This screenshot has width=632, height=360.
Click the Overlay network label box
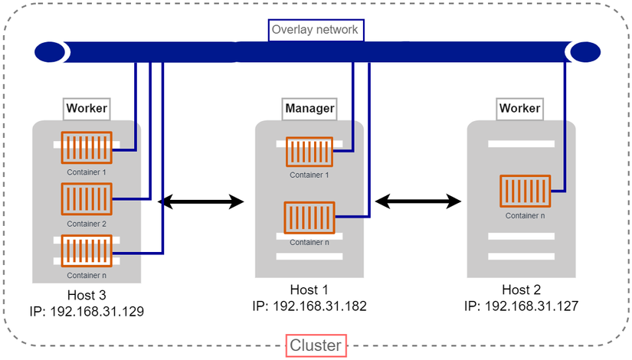pyautogui.click(x=316, y=30)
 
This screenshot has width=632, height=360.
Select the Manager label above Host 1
pyautogui.click(x=309, y=109)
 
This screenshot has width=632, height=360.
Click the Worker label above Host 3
pyautogui.click(x=87, y=109)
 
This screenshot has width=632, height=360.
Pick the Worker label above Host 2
pyautogui.click(x=519, y=109)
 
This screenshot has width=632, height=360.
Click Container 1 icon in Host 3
pyautogui.click(x=87, y=147)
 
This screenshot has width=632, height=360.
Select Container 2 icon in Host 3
pyautogui.click(x=87, y=199)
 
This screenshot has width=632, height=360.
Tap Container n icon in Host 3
pyautogui.click(x=87, y=250)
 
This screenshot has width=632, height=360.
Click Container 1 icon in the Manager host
pyautogui.click(x=309, y=152)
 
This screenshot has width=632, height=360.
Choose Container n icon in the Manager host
pyautogui.click(x=309, y=218)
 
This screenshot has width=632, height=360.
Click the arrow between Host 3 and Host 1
pyautogui.click(x=201, y=202)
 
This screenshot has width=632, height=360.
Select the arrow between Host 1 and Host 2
pyautogui.click(x=418, y=202)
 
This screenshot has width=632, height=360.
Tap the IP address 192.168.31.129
pyautogui.click(x=87, y=312)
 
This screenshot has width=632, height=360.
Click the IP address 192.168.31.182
pyautogui.click(x=309, y=306)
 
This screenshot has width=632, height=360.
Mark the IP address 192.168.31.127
pyautogui.click(x=521, y=306)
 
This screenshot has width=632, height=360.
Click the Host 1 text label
pyautogui.click(x=309, y=290)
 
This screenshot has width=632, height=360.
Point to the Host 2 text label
pyautogui.click(x=521, y=290)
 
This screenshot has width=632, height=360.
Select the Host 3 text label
pyautogui.click(x=87, y=296)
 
